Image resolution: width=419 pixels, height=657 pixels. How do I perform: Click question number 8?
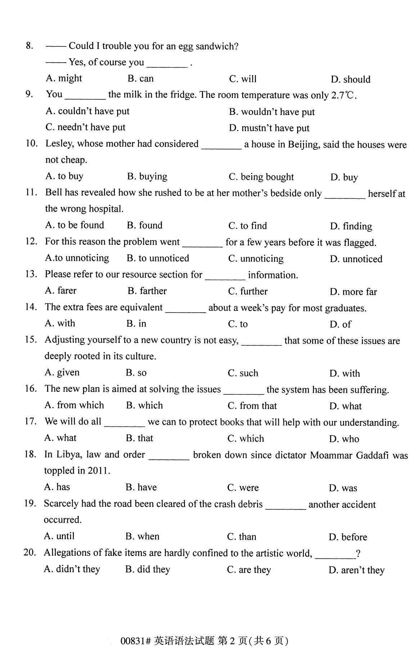[x=30, y=46]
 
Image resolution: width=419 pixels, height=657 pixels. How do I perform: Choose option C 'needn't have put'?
[x=86, y=128]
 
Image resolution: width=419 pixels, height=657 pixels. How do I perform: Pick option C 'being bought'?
[x=261, y=177]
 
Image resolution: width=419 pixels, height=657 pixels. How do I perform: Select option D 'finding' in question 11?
[x=351, y=227]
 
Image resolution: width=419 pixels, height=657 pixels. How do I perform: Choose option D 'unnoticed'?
[x=356, y=259]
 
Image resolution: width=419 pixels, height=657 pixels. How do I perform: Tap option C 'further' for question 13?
[x=248, y=291]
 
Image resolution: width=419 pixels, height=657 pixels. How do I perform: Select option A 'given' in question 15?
[x=62, y=372]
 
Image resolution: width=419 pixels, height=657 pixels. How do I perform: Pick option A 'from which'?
[x=74, y=405]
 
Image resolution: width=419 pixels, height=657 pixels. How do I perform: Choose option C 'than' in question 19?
[x=242, y=537]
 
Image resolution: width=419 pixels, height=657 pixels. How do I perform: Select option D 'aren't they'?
[x=356, y=570]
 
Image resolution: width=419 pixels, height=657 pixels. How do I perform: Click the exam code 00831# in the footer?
[x=135, y=641]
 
